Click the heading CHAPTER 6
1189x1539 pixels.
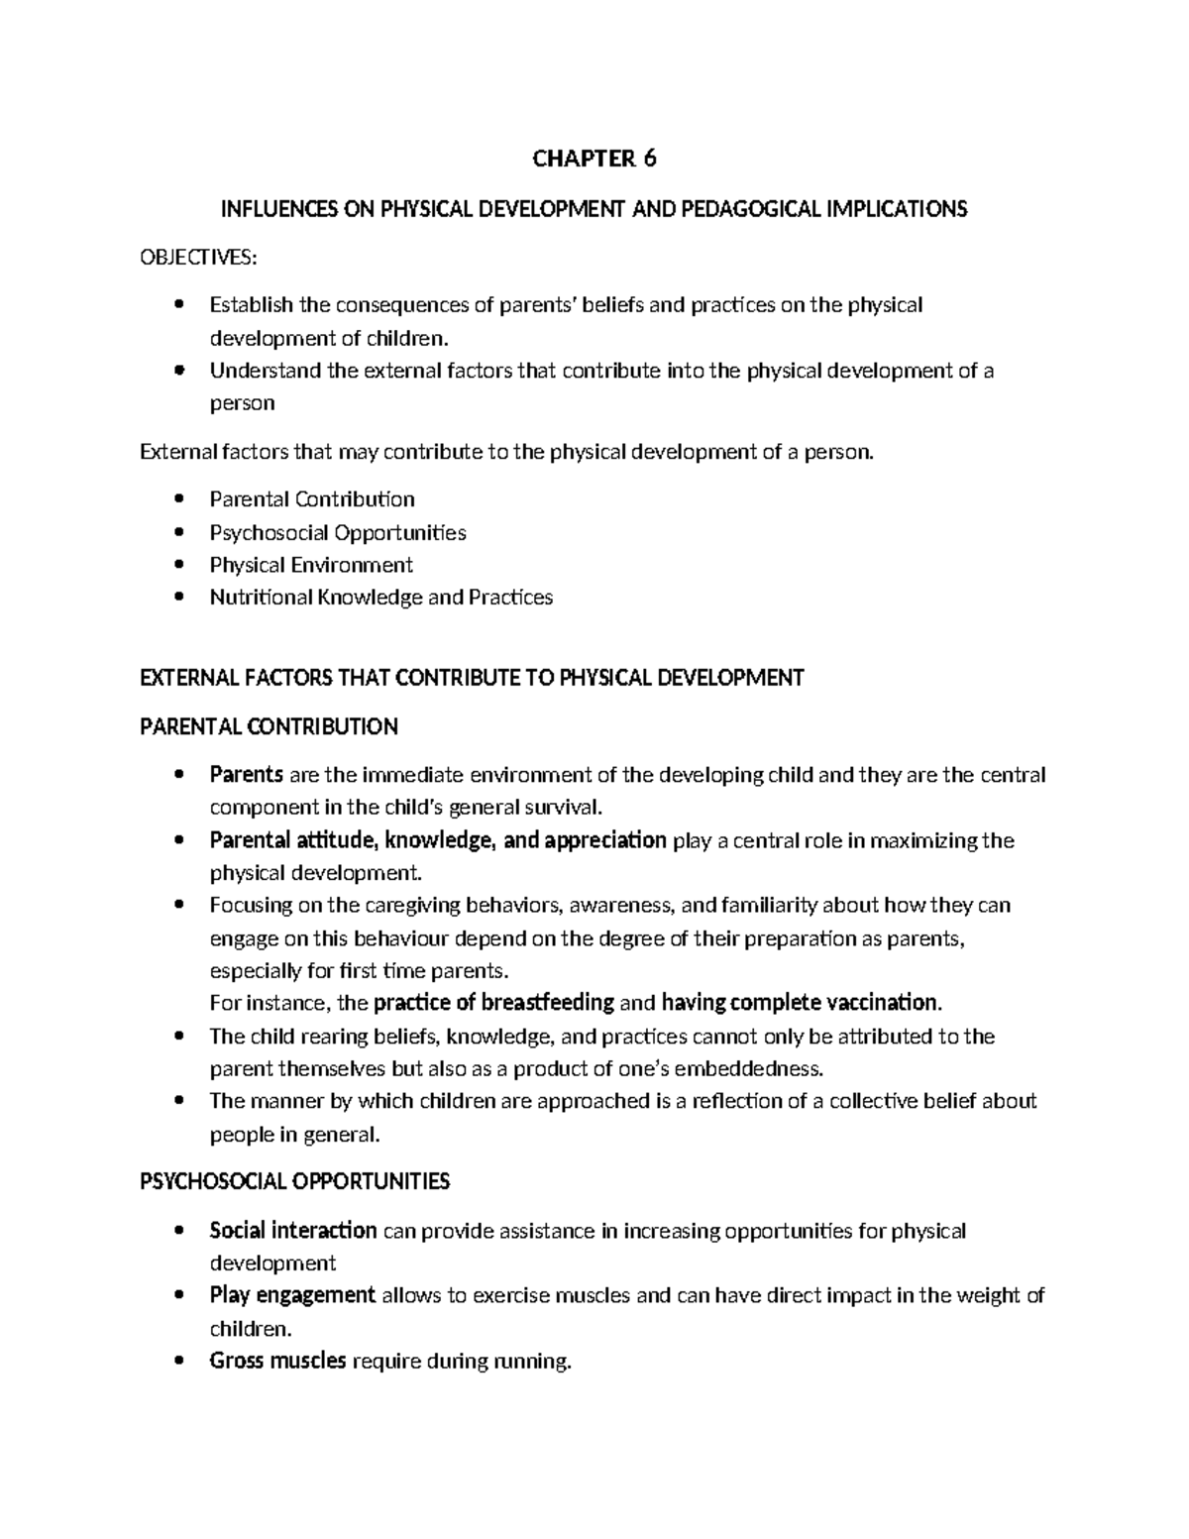click(594, 159)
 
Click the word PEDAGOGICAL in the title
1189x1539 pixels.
click(753, 209)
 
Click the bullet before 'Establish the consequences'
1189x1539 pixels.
click(178, 305)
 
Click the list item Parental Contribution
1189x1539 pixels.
click(311, 499)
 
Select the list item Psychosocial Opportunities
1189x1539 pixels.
click(337, 532)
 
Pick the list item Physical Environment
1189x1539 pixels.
click(310, 565)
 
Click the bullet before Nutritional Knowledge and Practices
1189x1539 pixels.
click(178, 598)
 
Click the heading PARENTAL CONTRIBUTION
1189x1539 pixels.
click(269, 726)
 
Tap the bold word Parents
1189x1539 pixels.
click(247, 775)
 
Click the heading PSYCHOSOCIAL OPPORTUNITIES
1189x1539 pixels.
click(295, 1181)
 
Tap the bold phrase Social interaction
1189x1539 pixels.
click(292, 1231)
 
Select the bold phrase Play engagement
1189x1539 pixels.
click(292, 1295)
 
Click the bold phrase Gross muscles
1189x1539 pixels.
click(277, 1361)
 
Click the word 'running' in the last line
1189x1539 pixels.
click(533, 1362)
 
